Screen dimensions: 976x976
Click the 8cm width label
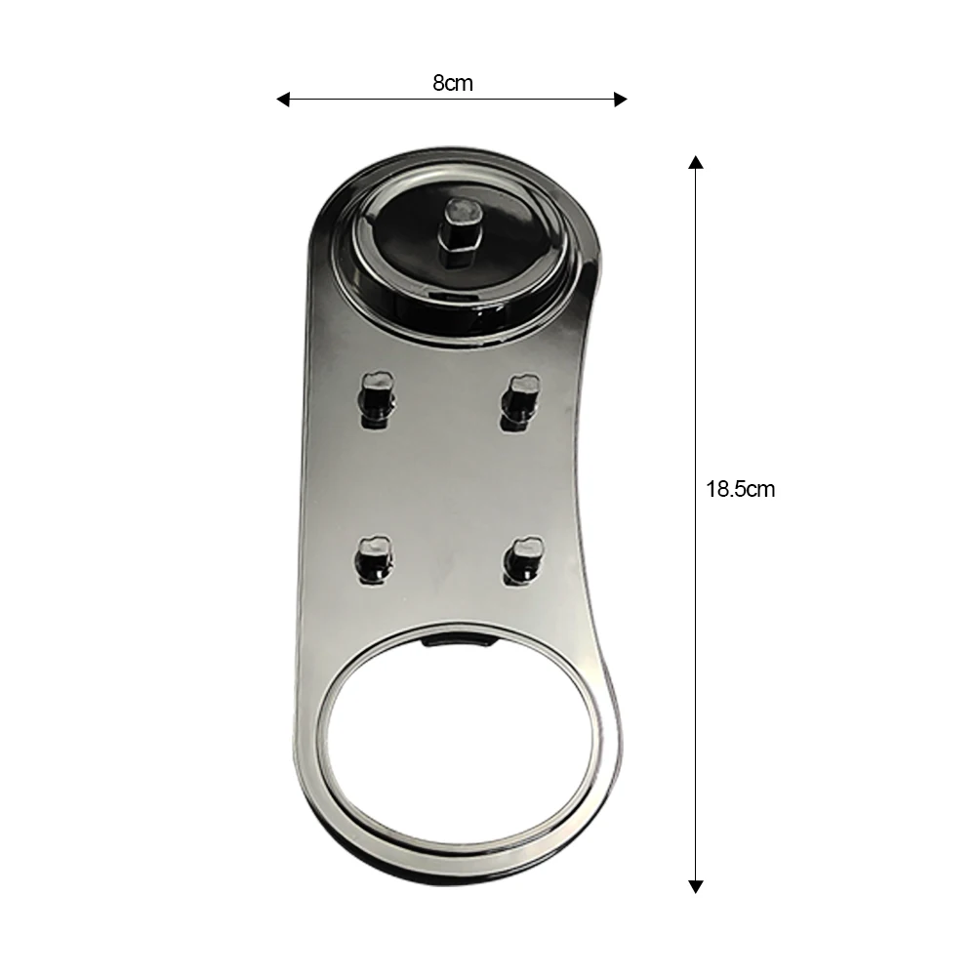click(453, 83)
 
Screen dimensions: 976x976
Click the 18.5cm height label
click(740, 489)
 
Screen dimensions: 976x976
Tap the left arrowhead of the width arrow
click(283, 99)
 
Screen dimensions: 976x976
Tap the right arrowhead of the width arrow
click(620, 99)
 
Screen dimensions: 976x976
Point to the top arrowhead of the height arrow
click(696, 162)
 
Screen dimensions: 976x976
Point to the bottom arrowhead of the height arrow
click(696, 887)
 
